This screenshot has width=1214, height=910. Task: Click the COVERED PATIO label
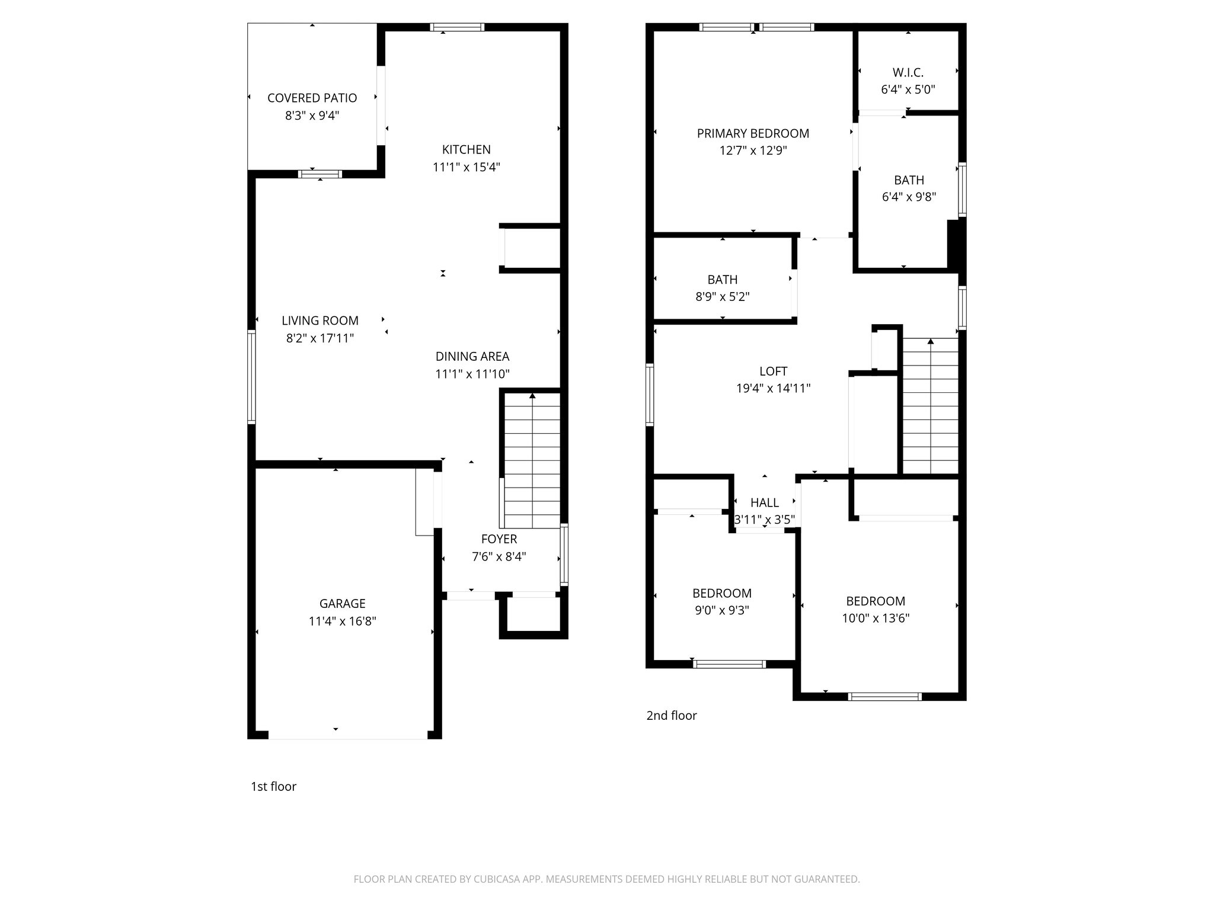click(312, 98)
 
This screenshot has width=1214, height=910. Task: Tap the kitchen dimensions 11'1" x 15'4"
click(466, 167)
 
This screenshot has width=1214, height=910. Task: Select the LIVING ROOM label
click(320, 321)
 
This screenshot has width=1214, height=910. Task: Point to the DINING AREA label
click(472, 356)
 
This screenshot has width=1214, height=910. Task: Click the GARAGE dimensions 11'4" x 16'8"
click(342, 621)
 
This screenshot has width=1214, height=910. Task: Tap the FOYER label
click(499, 539)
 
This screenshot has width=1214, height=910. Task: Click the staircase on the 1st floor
click(532, 459)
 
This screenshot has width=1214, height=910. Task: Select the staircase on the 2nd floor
click(930, 406)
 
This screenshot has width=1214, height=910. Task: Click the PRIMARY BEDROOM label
click(752, 133)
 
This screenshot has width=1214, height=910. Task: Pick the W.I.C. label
click(908, 72)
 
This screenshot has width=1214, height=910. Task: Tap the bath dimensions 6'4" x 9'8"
click(909, 197)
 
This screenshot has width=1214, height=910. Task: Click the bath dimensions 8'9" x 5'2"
click(722, 296)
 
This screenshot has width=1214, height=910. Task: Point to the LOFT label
click(773, 371)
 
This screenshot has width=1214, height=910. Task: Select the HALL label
click(764, 502)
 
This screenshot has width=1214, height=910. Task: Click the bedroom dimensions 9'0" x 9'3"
click(721, 610)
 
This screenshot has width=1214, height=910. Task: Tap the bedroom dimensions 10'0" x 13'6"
click(875, 618)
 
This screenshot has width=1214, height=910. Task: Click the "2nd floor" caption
click(671, 715)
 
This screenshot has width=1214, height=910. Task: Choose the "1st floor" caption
click(273, 786)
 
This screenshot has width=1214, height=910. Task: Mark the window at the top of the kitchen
click(456, 27)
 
